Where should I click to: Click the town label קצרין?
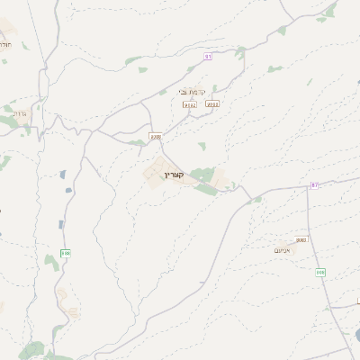pyautogui.click(x=175, y=175)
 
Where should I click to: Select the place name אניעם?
pyautogui.click(x=282, y=251)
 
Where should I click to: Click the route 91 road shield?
pyautogui.click(x=209, y=56)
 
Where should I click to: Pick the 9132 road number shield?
pyautogui.click(x=189, y=104)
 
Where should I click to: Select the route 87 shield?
pyautogui.click(x=315, y=185)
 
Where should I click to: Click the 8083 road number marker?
pyautogui.click(x=301, y=240)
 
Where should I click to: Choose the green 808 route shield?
pyautogui.click(x=320, y=272)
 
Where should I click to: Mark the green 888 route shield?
pyautogui.click(x=66, y=255)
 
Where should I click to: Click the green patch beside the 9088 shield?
pyautogui.click(x=139, y=141)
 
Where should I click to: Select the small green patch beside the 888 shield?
pyautogui.click(x=59, y=225)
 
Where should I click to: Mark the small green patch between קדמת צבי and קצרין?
pyautogui.click(x=202, y=145)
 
